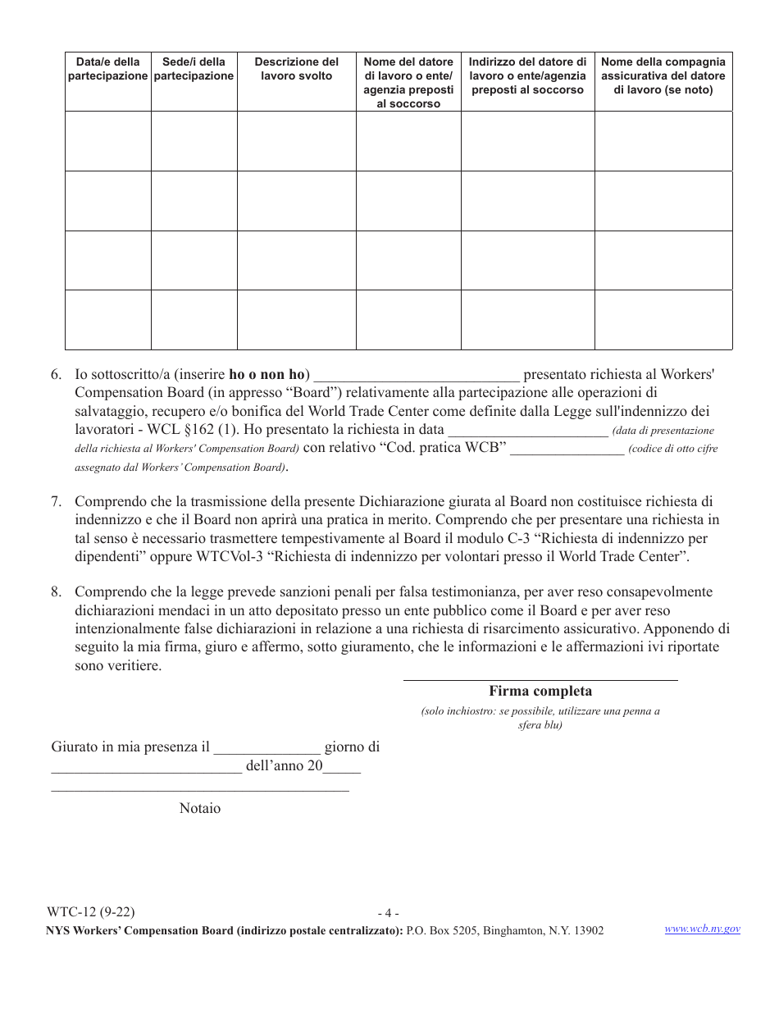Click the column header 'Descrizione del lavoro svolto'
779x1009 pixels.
(x=296, y=69)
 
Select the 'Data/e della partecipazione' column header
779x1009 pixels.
(x=107, y=69)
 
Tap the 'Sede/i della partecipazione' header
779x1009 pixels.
(x=194, y=69)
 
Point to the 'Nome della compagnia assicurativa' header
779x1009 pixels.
(x=663, y=75)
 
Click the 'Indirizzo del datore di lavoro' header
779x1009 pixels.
(x=527, y=75)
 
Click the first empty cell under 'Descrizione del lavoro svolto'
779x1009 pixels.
(x=296, y=141)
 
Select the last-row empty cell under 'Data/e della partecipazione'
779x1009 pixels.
(x=107, y=320)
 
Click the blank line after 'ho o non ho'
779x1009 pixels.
(x=416, y=377)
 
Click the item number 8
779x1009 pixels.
(x=56, y=592)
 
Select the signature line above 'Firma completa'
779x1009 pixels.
(x=540, y=679)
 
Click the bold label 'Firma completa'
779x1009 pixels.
(x=540, y=692)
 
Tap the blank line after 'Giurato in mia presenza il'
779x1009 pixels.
(x=266, y=749)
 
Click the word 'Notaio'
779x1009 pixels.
(x=200, y=809)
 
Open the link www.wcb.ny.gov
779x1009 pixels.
(x=702, y=929)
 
